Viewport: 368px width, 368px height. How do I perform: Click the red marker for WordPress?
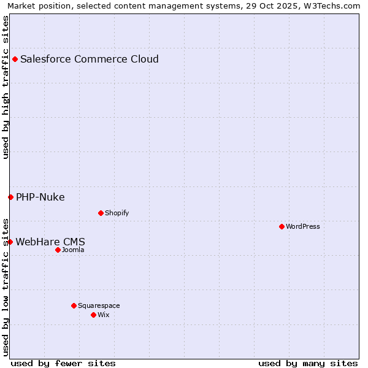282,226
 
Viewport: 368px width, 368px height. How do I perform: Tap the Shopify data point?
101,213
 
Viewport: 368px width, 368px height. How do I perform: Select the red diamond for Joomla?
58,250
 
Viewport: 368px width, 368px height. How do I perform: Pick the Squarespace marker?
74,305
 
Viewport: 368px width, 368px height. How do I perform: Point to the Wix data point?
93,315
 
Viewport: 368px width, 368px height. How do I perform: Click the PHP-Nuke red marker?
10,197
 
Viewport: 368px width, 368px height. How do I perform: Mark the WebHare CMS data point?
10,242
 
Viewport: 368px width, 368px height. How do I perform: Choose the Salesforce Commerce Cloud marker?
15,59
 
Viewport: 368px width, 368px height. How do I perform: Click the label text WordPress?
303,226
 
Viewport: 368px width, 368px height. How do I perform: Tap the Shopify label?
117,213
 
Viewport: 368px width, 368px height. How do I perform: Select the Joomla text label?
73,250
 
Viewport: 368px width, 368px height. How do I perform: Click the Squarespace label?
99,305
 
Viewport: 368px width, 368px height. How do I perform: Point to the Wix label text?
103,315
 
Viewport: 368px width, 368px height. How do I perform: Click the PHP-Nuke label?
40,197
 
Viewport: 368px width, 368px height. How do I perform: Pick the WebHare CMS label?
50,242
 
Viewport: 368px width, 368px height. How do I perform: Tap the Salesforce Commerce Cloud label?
90,59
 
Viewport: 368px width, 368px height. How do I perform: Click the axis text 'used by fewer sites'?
63,363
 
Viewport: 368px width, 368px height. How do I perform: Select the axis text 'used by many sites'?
308,363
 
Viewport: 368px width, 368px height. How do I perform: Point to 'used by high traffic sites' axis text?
6,87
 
